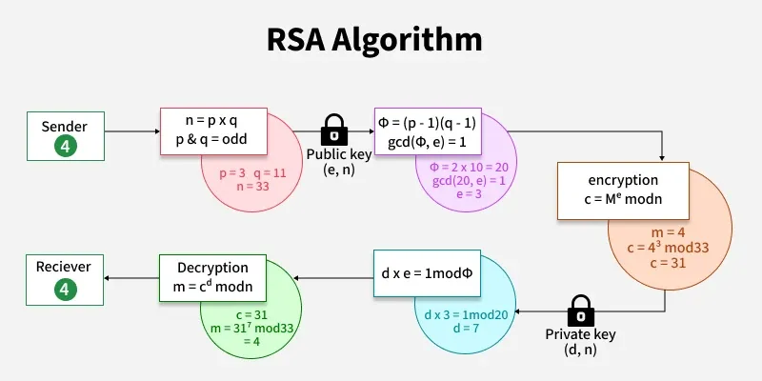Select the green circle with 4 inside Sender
tap(64, 147)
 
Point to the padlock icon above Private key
tap(580, 310)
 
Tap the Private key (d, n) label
tap(580, 342)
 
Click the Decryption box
tap(211, 277)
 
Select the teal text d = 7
tap(460, 328)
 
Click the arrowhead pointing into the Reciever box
tap(108, 277)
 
